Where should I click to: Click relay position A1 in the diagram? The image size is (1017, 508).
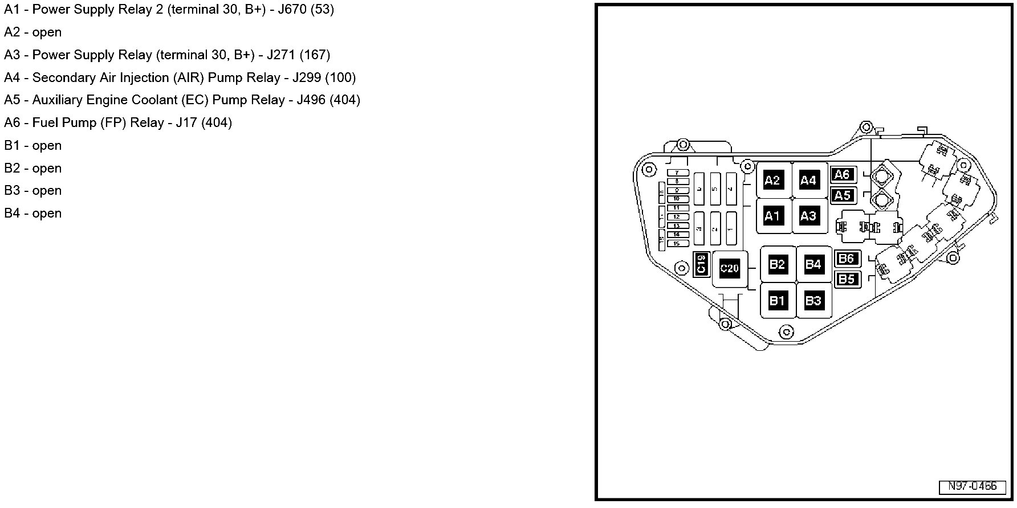pos(772,216)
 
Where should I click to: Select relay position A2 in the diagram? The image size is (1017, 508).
pos(772,181)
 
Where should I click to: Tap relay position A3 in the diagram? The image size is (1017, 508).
pos(808,216)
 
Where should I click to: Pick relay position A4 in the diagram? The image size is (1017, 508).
pos(808,181)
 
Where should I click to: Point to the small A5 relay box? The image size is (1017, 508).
pos(843,195)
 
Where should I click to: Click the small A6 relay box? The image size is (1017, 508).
pos(843,175)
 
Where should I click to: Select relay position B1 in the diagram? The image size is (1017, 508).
pos(777,300)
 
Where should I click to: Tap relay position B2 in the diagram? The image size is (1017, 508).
pos(777,264)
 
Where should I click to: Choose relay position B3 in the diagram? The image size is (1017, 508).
pos(813,300)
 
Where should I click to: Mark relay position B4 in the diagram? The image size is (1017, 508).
pos(813,264)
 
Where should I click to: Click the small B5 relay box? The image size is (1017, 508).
pos(847,279)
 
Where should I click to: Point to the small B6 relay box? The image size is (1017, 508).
pos(847,259)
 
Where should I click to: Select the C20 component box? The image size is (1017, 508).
pos(730,268)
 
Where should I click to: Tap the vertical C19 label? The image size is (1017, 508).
pos(701,264)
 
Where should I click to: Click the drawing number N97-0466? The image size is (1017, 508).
pos(973,486)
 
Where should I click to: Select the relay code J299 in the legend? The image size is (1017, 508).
pos(307,77)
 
